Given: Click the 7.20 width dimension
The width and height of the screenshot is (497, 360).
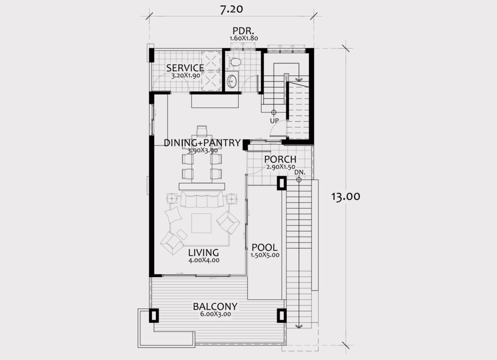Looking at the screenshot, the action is [232, 9].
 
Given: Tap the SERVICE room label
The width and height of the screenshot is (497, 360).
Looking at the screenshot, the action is [185, 68].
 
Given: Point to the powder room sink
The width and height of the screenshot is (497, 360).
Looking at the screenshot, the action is [232, 81].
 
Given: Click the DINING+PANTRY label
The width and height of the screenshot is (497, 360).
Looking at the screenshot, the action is [202, 143].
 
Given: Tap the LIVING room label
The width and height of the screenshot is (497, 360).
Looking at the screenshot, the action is [203, 253].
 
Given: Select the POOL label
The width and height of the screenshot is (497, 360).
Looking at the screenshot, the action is [265, 247].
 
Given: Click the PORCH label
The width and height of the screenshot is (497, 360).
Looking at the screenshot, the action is [280, 159].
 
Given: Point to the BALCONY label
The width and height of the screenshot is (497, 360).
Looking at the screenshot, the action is [215, 307].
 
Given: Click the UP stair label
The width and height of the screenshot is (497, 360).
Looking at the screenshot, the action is [274, 121].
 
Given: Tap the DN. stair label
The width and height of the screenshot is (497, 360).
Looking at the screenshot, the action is [299, 172].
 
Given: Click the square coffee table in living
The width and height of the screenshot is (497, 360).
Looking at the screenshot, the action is [201, 223].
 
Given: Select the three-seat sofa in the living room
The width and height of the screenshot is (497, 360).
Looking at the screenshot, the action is [201, 199].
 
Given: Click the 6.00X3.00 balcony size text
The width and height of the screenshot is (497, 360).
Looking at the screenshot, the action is [215, 314].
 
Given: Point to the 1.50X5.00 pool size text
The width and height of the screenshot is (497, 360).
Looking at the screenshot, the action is [265, 255].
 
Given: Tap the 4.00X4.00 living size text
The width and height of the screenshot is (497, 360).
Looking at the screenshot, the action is [204, 261].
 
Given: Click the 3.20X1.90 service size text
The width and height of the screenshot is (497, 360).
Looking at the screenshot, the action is [185, 76].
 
